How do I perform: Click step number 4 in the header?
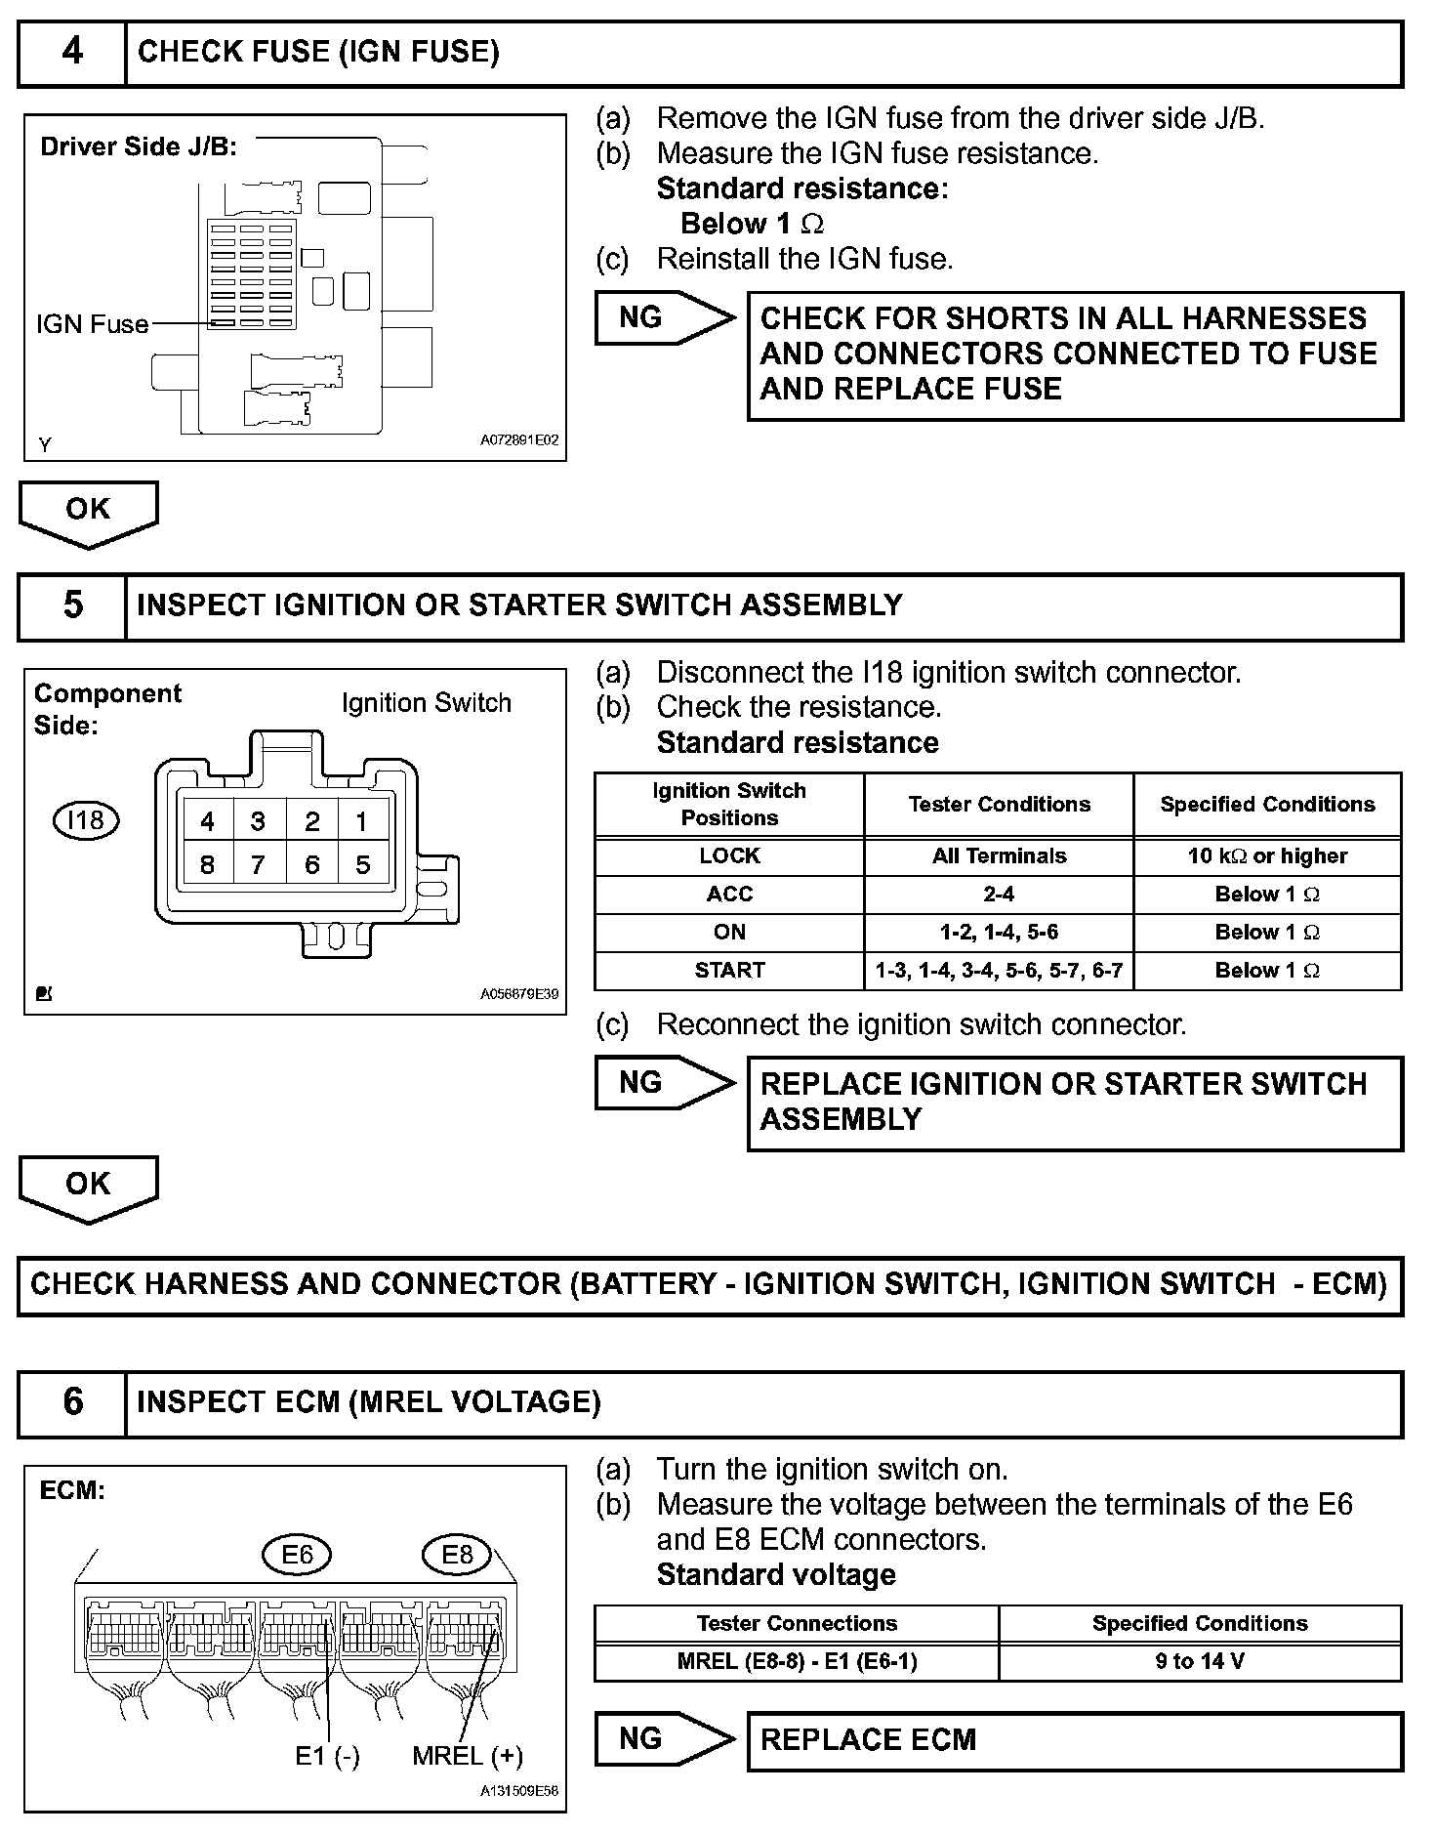coord(72,52)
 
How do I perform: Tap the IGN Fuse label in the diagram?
coord(93,324)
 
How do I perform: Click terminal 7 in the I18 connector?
coord(259,864)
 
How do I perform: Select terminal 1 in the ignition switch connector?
coord(362,821)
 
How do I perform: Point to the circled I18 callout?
coord(86,820)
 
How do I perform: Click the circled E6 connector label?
coord(297,1554)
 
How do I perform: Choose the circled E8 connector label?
coord(457,1554)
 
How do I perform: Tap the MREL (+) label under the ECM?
coord(468,1756)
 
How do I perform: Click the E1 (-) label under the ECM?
coord(328,1756)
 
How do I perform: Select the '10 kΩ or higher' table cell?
coord(1267,856)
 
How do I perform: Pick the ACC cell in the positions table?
coord(729,895)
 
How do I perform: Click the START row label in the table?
coord(729,971)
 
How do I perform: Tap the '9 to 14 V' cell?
coord(1200,1661)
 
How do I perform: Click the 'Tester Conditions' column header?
coord(999,805)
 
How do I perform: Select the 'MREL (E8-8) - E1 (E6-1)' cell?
coord(797,1661)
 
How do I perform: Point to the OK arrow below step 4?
coord(88,512)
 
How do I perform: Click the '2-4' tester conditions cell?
coord(999,895)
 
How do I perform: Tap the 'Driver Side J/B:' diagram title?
coord(139,147)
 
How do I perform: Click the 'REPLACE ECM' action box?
coord(1074,1740)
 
